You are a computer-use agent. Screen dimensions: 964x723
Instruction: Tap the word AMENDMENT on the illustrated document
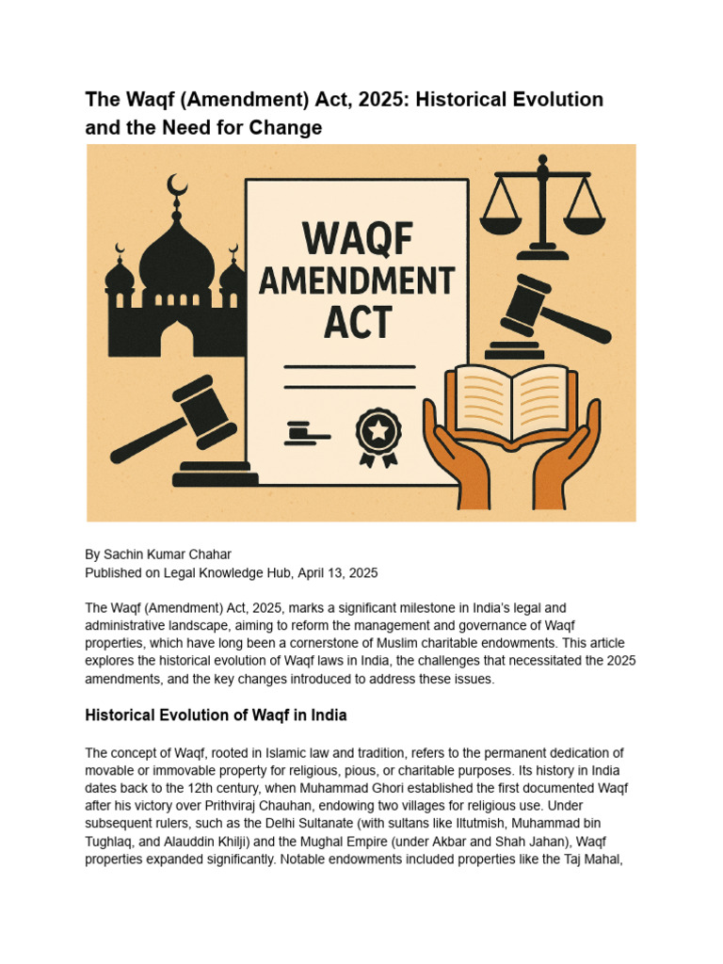[357, 281]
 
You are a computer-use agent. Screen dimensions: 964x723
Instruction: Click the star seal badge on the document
[378, 433]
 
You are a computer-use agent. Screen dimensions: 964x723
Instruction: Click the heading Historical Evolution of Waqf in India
[216, 715]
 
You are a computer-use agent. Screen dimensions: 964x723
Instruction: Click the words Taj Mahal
[602, 860]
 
